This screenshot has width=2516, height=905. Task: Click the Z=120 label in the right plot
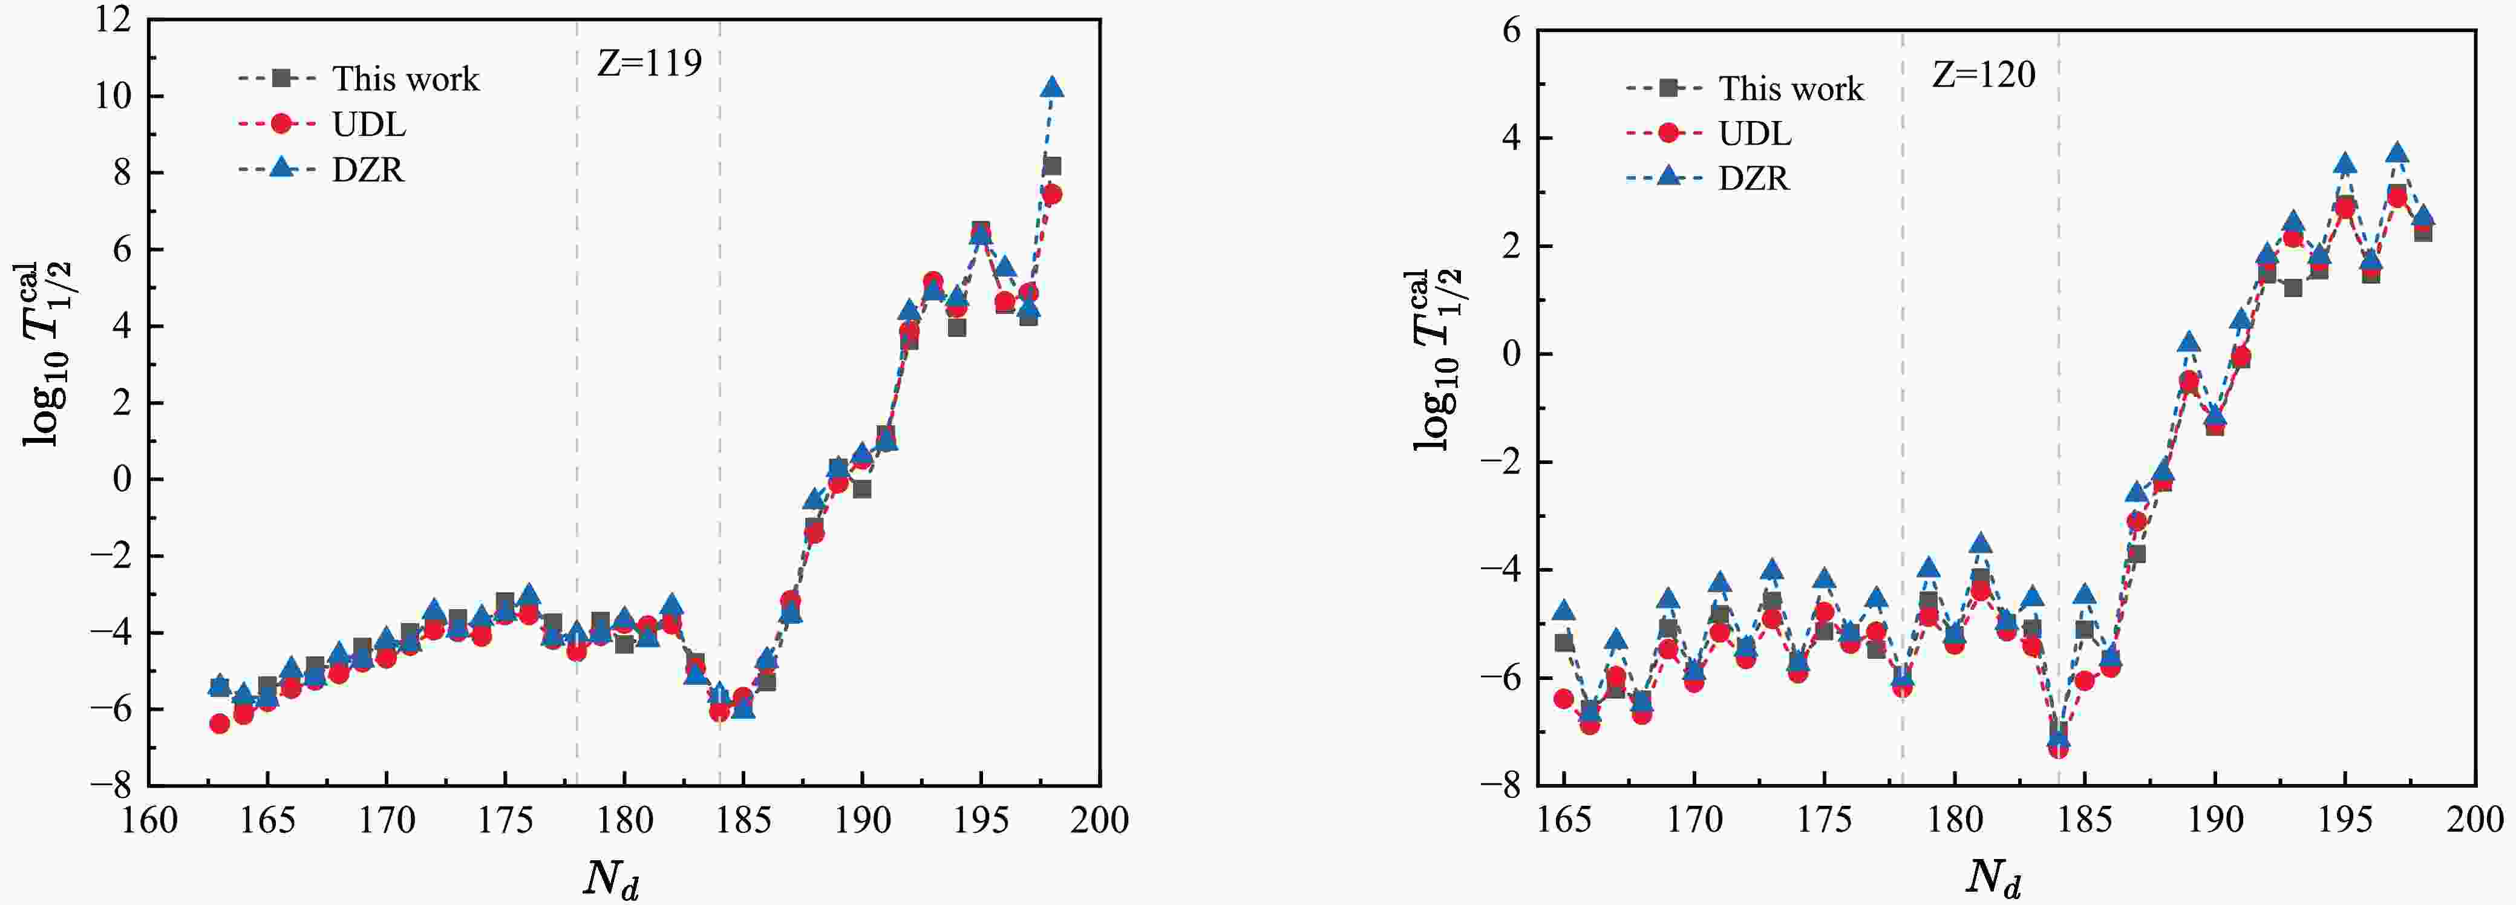click(x=1984, y=75)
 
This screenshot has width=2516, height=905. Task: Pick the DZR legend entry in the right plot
click(x=1753, y=178)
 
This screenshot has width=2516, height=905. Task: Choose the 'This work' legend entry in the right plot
click(x=1790, y=89)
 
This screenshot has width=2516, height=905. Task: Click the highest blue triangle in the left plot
click(x=1052, y=88)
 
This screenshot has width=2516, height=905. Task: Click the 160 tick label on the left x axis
click(x=149, y=821)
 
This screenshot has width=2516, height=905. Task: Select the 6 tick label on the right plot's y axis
click(x=1511, y=30)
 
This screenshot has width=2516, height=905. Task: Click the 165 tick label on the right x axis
click(x=1564, y=820)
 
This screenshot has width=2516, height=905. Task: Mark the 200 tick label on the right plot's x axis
click(x=2474, y=820)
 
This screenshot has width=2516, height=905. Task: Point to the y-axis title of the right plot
click(x=1438, y=360)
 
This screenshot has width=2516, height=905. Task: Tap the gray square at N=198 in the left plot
click(x=1052, y=166)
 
